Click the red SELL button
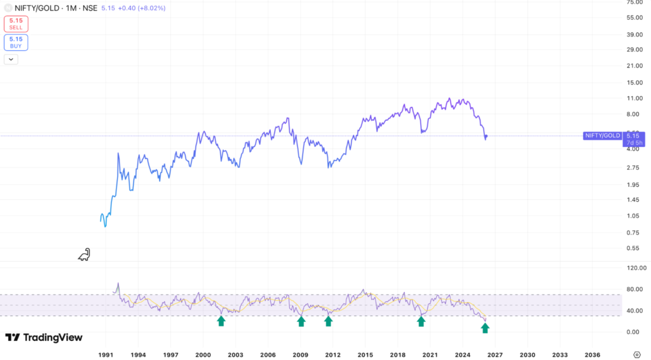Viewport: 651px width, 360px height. [x=16, y=24]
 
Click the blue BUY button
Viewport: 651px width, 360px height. [x=16, y=42]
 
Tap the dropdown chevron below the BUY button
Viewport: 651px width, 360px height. [x=11, y=59]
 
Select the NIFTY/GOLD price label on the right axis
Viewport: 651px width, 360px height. [x=601, y=135]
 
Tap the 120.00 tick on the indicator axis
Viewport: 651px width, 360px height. [x=636, y=268]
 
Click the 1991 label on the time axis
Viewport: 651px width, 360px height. [x=106, y=354]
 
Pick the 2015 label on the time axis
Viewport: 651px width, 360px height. [x=365, y=354]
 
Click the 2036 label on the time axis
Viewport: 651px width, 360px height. [x=592, y=354]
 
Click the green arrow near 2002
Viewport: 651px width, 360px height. [x=221, y=321]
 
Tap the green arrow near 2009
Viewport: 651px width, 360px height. [x=301, y=321]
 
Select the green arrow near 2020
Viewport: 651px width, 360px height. [x=421, y=321]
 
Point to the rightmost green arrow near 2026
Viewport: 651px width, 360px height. [x=485, y=328]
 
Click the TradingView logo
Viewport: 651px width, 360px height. [x=44, y=337]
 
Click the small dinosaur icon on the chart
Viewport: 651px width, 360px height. [x=84, y=254]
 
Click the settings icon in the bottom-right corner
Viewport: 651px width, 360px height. [x=637, y=354]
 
